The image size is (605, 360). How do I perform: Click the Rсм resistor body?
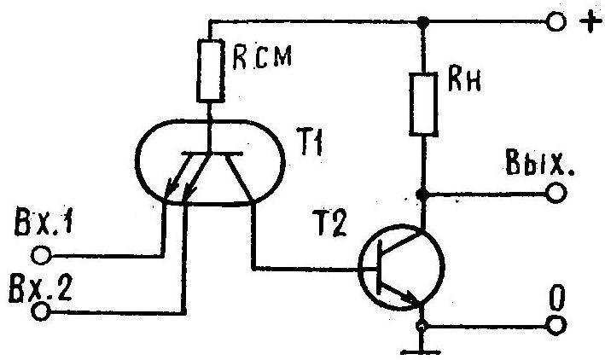coord(210,71)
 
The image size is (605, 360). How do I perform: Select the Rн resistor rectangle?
coord(423,104)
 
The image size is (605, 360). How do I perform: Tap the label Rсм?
coord(262,57)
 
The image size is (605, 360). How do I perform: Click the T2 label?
coord(331,223)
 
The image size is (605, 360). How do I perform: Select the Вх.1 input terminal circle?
coord(41,255)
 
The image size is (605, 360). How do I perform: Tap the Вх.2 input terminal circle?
coord(40,311)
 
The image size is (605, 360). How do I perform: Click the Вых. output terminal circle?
coord(556,194)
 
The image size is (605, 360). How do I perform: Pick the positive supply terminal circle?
coord(556,22)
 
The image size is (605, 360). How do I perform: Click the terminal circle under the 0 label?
coord(556,326)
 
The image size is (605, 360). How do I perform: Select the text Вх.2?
coord(40,287)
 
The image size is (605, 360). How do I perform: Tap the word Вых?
coord(539,162)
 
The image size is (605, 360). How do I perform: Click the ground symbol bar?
coord(421,352)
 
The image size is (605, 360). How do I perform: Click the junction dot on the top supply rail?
coord(423,21)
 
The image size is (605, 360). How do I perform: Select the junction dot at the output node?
coord(423,195)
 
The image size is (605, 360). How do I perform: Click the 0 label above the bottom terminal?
coord(556,299)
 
